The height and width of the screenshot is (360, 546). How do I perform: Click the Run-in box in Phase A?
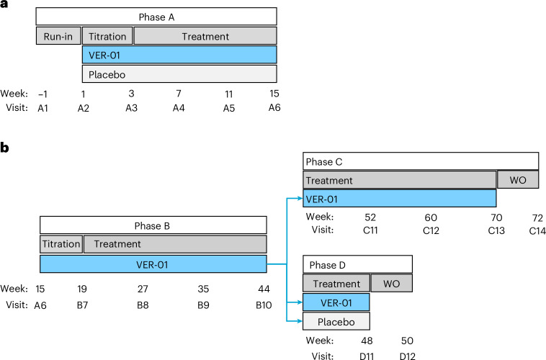point(58,36)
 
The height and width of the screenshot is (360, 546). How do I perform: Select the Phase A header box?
point(156,17)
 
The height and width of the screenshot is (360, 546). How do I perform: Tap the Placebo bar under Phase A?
point(179,74)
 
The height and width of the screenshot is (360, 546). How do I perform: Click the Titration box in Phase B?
point(61,244)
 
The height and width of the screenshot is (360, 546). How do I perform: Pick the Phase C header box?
point(421,161)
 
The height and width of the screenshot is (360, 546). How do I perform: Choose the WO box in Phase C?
point(519,180)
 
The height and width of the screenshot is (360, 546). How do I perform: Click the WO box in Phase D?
point(392,284)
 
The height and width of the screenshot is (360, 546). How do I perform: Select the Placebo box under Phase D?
point(336,320)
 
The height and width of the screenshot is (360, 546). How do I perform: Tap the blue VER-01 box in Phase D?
point(336,302)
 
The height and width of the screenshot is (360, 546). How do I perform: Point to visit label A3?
point(131,108)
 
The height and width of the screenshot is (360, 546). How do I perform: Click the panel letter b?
point(5,148)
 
